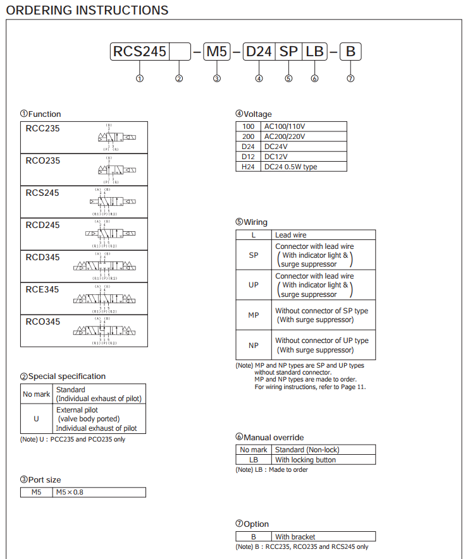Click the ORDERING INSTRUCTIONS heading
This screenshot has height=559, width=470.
[87, 10]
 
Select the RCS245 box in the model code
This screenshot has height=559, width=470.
[139, 52]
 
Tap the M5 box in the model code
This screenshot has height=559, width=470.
[216, 52]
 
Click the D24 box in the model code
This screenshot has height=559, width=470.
[259, 52]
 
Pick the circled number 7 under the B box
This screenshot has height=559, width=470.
[350, 78]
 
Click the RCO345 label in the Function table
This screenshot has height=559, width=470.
[43, 322]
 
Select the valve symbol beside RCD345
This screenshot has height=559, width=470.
[104, 266]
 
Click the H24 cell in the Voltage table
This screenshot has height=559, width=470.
[248, 167]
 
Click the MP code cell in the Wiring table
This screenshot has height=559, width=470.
[254, 315]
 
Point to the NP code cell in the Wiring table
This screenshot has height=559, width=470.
[254, 345]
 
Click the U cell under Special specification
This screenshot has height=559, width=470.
[37, 419]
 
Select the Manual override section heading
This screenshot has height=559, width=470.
[269, 437]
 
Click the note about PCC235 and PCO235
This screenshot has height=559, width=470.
[73, 439]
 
